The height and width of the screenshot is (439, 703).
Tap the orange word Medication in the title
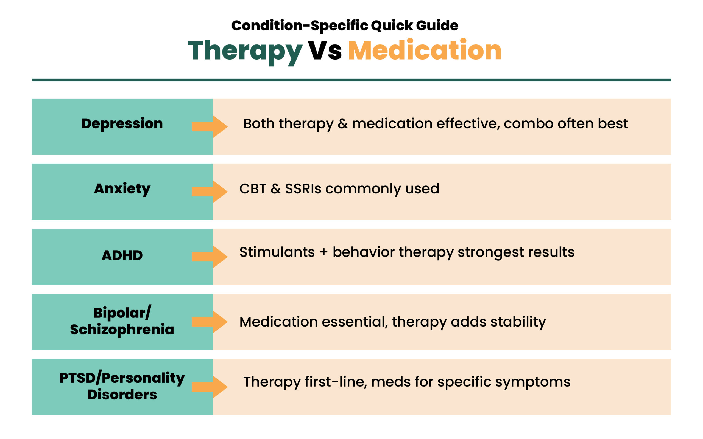(x=425, y=50)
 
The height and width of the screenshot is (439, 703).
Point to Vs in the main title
(x=325, y=50)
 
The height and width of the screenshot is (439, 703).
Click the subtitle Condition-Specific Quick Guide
(x=345, y=26)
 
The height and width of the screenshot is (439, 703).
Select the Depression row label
(x=122, y=124)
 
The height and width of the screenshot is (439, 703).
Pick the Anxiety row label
(x=122, y=189)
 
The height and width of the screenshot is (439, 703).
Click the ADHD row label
(x=122, y=255)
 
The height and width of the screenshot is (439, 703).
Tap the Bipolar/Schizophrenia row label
(x=122, y=321)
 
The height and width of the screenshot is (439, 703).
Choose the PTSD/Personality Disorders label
(x=122, y=386)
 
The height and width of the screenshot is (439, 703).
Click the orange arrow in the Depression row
(x=210, y=126)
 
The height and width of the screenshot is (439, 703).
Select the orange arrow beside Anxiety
(x=210, y=192)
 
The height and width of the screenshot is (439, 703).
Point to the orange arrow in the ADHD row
(x=210, y=257)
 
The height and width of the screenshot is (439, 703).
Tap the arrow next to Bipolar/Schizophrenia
(x=210, y=322)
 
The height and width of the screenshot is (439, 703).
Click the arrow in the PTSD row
(x=210, y=387)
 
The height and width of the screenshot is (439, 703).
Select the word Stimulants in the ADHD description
(x=277, y=252)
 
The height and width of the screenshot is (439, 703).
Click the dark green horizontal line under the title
(x=351, y=80)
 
